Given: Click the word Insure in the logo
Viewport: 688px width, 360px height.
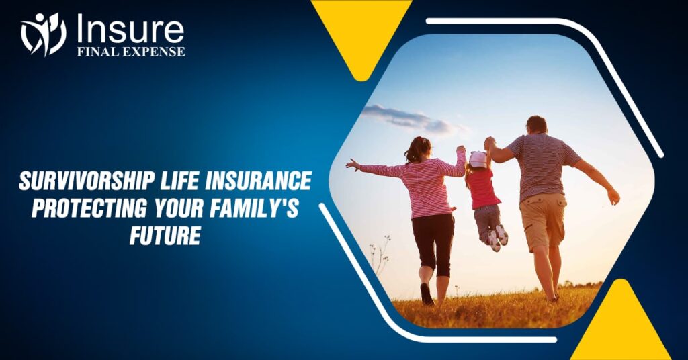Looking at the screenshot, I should pos(130,30).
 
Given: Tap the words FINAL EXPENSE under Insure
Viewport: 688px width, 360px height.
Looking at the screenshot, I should pos(130,52).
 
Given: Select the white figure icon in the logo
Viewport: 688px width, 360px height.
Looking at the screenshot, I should pos(44,34).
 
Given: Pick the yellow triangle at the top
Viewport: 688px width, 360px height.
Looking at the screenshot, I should pos(361,30).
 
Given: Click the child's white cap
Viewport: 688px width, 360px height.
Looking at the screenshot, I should pos(478,159).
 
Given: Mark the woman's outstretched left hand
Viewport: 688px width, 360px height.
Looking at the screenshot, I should pos(351,164).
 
